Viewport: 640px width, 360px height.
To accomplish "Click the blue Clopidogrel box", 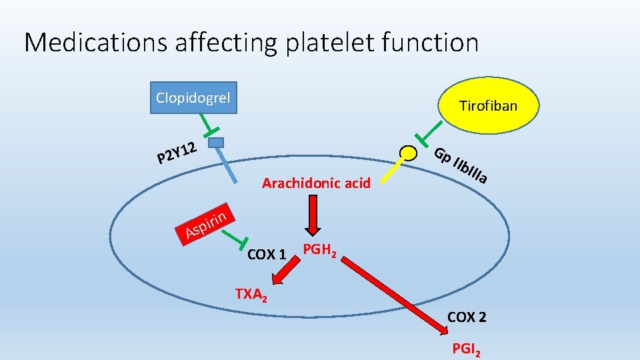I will point(193,98).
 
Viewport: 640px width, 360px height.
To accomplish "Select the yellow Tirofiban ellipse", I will point(487,105).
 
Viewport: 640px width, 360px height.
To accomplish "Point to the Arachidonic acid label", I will point(316,183).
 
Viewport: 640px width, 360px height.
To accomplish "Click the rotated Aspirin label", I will point(208,223).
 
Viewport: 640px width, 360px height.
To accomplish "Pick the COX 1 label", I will point(267,254).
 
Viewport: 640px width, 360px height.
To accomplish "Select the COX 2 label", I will point(467,317).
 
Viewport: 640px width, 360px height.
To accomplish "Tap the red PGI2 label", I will point(466,349).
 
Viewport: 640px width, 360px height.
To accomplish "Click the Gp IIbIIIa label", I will point(462,165).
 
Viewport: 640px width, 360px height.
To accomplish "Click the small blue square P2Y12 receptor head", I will point(215,142).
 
